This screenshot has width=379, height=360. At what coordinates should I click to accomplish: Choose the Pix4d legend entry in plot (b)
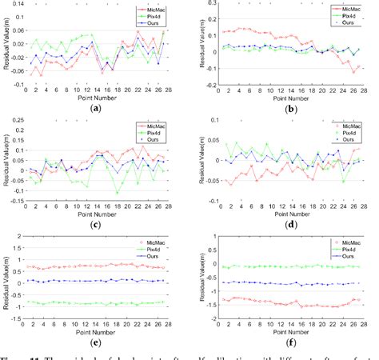(x=345, y=15)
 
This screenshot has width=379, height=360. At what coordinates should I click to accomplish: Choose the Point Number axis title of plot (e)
(x=97, y=330)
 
